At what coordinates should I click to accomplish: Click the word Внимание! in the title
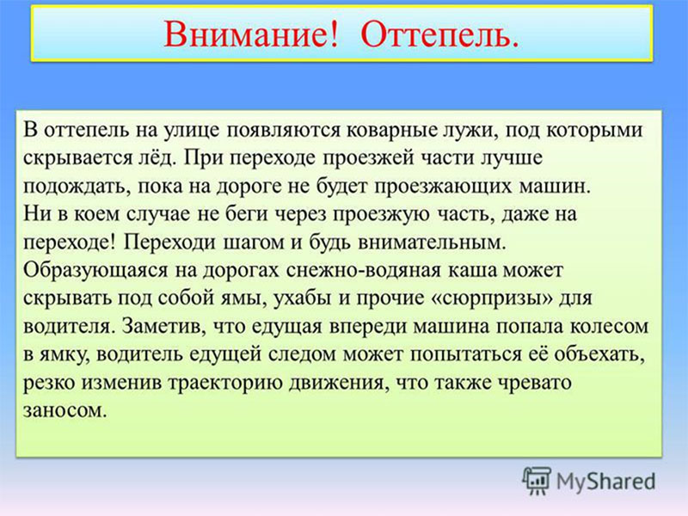click(x=251, y=34)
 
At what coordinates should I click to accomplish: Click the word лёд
click(x=156, y=158)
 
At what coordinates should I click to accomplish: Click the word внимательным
click(x=433, y=243)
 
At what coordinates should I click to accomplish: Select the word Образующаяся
click(x=95, y=271)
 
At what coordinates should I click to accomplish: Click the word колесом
click(x=609, y=327)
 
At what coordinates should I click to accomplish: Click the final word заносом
click(x=65, y=411)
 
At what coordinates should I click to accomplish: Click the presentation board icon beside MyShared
click(x=536, y=481)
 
